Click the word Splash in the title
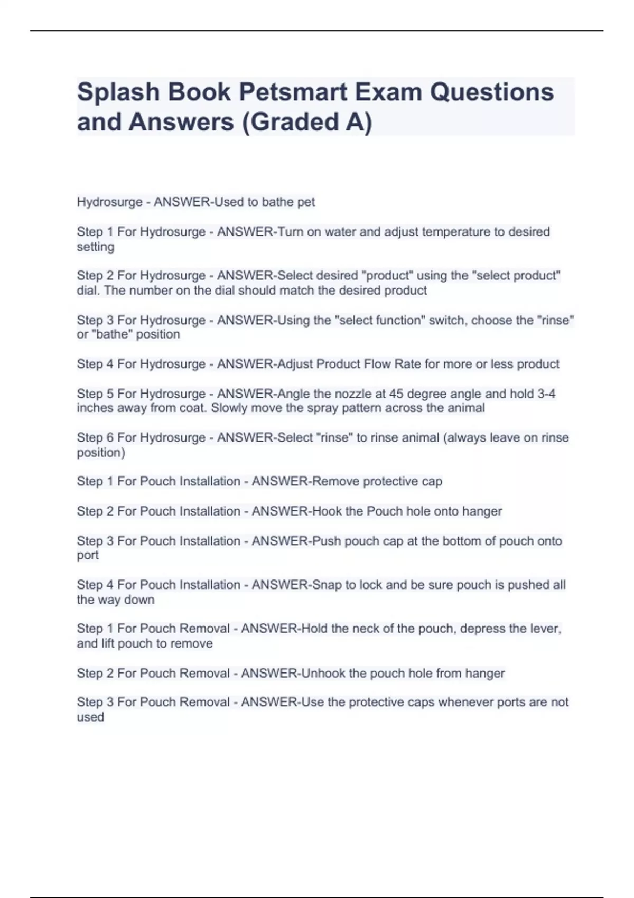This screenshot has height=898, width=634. [118, 92]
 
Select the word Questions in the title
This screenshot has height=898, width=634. [491, 92]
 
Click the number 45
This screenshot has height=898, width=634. [396, 394]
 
